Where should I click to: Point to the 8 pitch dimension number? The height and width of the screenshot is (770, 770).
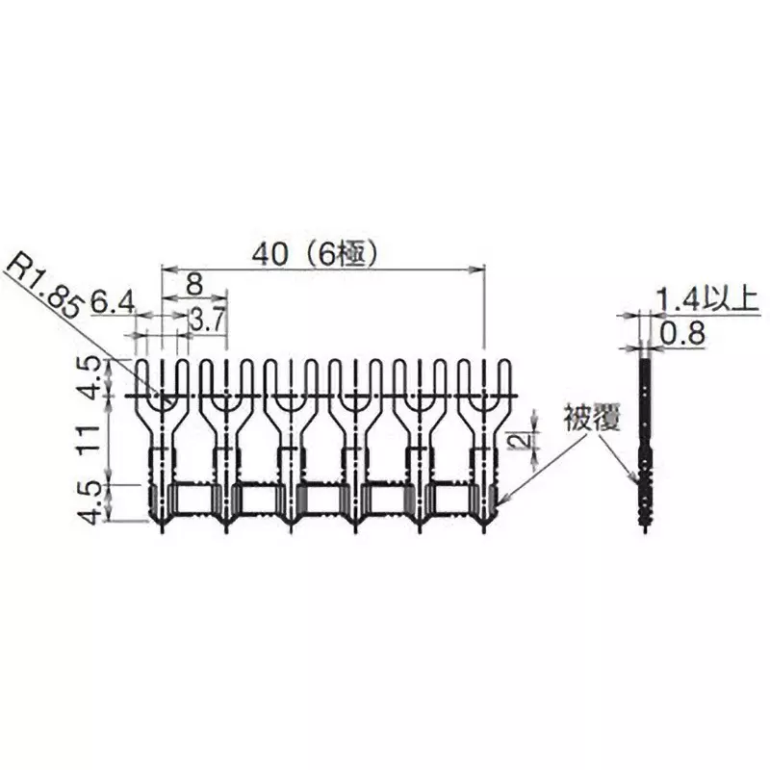(x=193, y=283)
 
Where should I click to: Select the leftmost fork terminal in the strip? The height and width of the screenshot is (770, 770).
(x=162, y=443)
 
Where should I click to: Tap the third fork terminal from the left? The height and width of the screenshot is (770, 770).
(x=290, y=443)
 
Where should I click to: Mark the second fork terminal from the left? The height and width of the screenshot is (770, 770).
(x=226, y=443)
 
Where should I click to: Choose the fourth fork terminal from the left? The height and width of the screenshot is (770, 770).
(x=354, y=443)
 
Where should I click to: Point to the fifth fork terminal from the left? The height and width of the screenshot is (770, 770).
(x=419, y=443)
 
